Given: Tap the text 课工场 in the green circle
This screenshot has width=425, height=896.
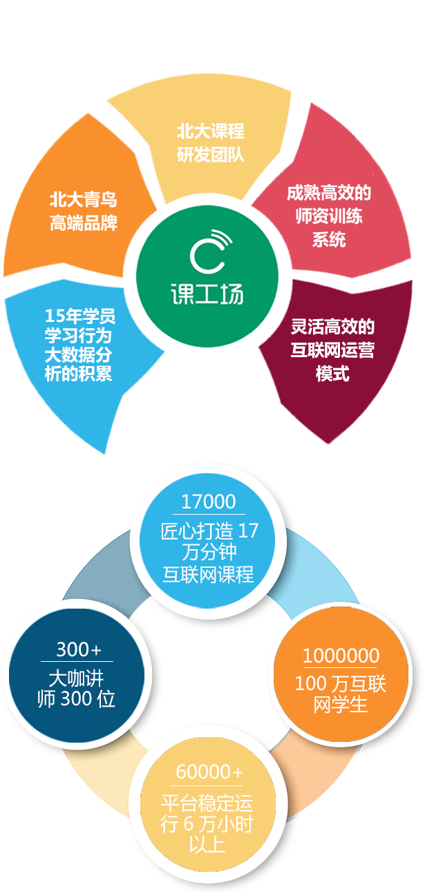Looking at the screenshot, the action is (207, 294).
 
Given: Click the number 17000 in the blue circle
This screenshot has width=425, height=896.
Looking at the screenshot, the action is (209, 502).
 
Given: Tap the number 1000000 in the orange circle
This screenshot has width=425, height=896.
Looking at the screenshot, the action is (341, 656).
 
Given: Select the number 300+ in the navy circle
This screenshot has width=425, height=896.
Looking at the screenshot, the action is (79, 649).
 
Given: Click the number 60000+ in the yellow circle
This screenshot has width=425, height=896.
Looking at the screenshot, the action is (209, 772).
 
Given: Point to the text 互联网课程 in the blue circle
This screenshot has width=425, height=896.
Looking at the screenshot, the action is (208, 574).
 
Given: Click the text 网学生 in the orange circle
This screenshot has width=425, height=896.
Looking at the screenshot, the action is (340, 705).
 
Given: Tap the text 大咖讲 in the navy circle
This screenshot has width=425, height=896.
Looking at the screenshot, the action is (76, 678).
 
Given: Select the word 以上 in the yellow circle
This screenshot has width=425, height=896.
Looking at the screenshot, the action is (207, 844).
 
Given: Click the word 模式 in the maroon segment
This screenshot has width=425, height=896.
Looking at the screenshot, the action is (332, 374).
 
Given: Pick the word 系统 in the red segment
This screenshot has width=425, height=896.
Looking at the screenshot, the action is (329, 240).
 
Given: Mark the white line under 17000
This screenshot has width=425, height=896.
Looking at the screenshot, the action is (209, 514).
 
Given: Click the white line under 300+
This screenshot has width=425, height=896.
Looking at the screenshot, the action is (77, 661).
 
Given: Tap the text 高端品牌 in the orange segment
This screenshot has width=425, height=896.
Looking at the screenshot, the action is (84, 223).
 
